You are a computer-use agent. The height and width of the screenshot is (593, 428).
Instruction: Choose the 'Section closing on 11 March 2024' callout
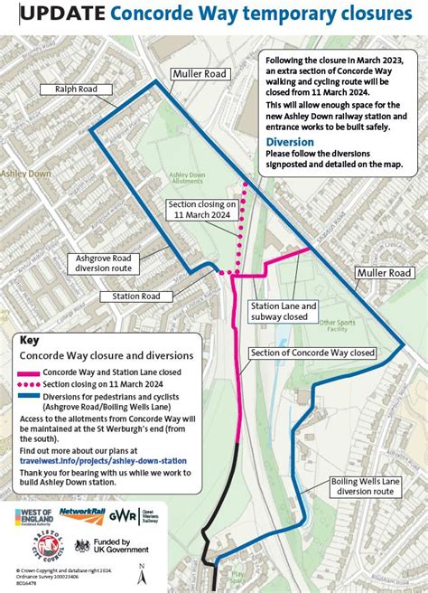point(202,211)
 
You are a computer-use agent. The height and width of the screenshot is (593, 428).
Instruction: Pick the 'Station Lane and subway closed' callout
point(284,312)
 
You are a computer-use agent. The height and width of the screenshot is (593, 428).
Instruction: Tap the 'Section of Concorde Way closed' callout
point(312,353)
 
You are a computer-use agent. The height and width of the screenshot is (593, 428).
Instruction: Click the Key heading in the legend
point(30,342)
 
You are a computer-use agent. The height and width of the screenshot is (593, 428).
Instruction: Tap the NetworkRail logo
point(82,513)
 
